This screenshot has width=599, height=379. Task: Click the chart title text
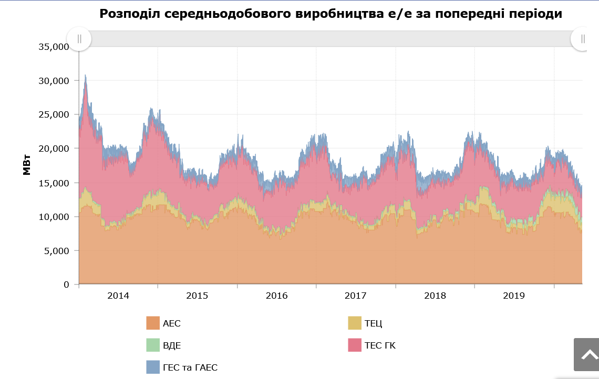click(x=331, y=14)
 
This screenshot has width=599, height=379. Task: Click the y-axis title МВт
click(x=27, y=164)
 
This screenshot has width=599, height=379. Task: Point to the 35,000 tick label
click(x=54, y=47)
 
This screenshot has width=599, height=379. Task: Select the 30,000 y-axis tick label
click(x=54, y=81)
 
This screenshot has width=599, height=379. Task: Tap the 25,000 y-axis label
click(x=54, y=114)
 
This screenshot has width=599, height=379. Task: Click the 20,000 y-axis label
click(x=54, y=149)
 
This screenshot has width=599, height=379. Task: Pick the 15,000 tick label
click(x=54, y=183)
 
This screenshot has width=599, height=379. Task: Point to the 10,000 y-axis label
click(x=54, y=217)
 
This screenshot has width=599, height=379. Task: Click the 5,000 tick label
click(x=56, y=250)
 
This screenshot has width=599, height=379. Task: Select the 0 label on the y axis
click(x=66, y=285)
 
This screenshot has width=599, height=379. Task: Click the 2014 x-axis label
click(x=118, y=296)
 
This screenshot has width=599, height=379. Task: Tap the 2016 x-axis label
click(x=276, y=296)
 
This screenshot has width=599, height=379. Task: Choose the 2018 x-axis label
click(x=435, y=296)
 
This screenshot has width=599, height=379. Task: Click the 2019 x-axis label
click(x=514, y=296)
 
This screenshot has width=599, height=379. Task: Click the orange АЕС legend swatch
click(x=152, y=323)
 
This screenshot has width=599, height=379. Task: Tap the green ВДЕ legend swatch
click(x=152, y=345)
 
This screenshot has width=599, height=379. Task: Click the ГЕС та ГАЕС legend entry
click(x=190, y=367)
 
